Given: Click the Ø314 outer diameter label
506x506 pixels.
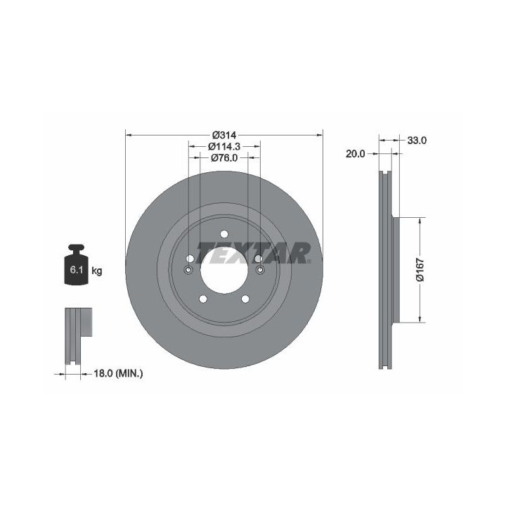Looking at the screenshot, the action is [x=224, y=134].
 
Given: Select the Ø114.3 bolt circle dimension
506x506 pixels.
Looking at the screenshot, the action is [x=224, y=146].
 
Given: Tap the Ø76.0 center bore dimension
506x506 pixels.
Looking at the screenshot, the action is [x=224, y=157].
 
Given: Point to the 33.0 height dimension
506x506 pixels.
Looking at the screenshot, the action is [x=417, y=141].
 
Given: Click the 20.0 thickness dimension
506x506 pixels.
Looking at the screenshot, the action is [x=356, y=154].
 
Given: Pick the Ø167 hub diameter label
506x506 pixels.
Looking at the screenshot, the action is [x=420, y=270].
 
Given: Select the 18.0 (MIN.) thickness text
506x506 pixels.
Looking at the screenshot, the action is [x=118, y=374].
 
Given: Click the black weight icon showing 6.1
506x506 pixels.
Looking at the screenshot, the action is [x=77, y=265].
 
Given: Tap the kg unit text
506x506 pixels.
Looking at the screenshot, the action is [x=97, y=271].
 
